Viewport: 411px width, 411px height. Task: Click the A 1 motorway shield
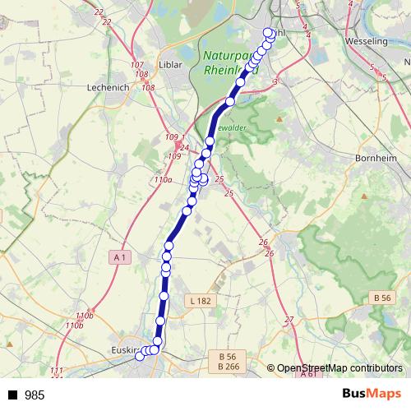(x=120, y=257)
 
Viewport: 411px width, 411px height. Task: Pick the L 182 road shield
(x=201, y=302)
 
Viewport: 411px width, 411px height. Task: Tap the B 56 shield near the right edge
(x=381, y=298)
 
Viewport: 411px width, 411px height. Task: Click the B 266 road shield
(x=233, y=367)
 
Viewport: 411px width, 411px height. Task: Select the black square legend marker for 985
(x=11, y=395)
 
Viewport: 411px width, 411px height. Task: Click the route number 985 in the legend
(x=35, y=395)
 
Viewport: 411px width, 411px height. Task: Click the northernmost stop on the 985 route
(x=267, y=33)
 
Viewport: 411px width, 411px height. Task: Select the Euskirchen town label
(x=123, y=350)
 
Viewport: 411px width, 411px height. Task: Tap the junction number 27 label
(x=289, y=320)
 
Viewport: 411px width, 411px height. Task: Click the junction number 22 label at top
(x=99, y=12)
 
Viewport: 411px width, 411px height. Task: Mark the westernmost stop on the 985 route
(x=139, y=355)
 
